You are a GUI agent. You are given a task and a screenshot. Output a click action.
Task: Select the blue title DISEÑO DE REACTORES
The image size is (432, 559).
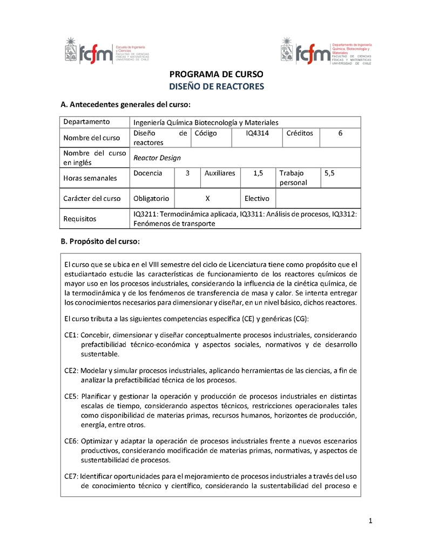[x=216, y=86]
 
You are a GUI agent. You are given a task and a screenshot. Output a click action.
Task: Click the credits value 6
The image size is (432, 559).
[x=340, y=133]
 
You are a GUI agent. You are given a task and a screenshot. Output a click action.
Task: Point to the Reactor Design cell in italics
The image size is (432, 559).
[x=157, y=158]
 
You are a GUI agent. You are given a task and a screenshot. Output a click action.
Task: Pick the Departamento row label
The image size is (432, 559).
[x=86, y=122]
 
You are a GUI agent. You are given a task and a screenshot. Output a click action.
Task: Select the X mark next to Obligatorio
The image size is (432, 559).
[x=208, y=198]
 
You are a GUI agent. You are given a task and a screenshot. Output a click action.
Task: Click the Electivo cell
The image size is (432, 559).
[x=257, y=198]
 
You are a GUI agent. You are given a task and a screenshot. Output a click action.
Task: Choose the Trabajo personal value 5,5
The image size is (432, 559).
[x=329, y=173]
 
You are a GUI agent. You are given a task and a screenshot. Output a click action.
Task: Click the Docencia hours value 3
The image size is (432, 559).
[x=187, y=173]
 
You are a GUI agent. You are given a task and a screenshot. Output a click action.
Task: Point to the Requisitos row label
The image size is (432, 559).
[x=80, y=219]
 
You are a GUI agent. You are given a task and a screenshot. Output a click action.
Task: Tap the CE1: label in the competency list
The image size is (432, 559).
[x=72, y=335]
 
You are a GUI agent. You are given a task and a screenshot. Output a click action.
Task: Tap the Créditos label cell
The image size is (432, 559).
[x=300, y=133]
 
